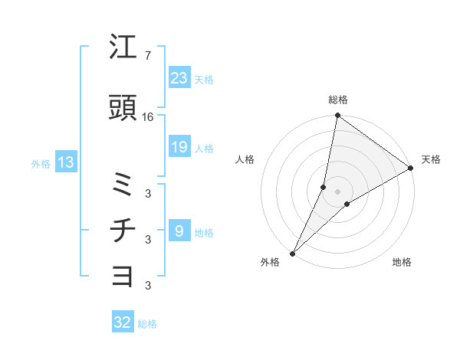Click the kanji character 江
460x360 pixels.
point(123,47)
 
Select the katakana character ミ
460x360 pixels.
point(123,185)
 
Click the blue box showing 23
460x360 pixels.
point(179,78)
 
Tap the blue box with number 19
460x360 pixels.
point(179,147)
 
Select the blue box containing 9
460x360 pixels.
point(179,231)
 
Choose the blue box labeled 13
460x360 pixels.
point(65,162)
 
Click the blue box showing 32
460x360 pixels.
point(123,322)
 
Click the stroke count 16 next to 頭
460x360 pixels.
point(148,116)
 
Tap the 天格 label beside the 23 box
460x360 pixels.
point(204,80)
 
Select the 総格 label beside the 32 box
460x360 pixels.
point(147,324)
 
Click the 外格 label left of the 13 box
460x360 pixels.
point(41,163)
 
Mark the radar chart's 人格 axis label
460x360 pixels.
point(245,159)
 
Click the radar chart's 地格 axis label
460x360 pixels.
point(402,262)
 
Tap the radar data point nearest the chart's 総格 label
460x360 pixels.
point(337,116)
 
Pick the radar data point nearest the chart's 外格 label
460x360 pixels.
point(292,253)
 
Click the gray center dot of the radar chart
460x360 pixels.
point(337,191)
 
